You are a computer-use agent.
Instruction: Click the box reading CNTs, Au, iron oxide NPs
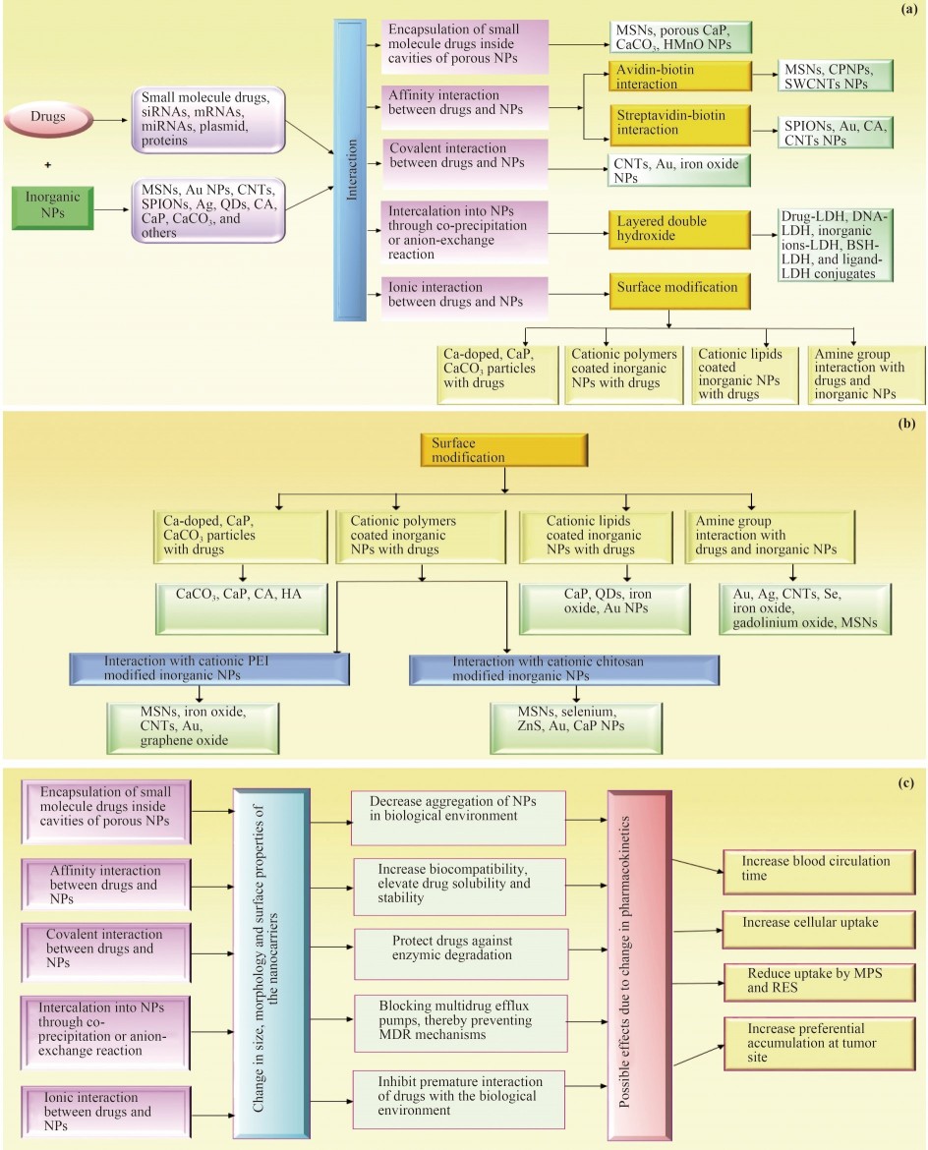point(679,169)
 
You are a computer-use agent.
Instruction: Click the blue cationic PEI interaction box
point(210,669)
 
